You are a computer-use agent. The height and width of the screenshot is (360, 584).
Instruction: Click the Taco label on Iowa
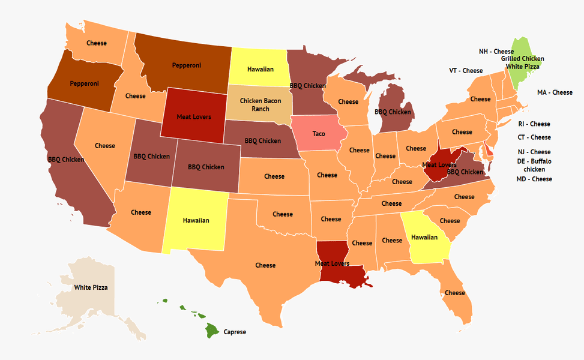coord(318,134)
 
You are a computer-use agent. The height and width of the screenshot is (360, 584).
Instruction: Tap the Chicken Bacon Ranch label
coord(259,105)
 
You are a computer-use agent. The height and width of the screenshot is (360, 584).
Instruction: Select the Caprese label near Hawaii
coord(235,332)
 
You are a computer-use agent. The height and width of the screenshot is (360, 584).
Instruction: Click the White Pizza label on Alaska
coord(91,288)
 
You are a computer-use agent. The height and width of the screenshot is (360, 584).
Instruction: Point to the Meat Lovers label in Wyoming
coord(193,116)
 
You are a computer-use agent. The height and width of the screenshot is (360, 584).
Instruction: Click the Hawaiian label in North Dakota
coord(260,70)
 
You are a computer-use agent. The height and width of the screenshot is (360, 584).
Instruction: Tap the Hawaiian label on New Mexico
coord(196,220)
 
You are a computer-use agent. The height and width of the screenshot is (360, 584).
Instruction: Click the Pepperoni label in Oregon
coord(85,83)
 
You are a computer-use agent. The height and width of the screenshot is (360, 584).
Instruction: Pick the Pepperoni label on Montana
coord(187,65)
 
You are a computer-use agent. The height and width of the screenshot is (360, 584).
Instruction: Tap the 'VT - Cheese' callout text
coord(466,71)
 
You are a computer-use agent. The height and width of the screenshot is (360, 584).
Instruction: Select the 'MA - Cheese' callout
coord(555,92)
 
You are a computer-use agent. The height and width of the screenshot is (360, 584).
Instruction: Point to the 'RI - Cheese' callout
coord(534,124)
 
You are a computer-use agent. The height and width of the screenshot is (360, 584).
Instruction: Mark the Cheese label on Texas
coord(265,265)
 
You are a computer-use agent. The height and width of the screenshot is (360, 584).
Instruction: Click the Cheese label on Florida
coord(455,293)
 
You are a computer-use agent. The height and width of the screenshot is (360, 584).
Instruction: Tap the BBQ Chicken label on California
coord(66,160)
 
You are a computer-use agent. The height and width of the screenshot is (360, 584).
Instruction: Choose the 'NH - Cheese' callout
coord(496,52)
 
